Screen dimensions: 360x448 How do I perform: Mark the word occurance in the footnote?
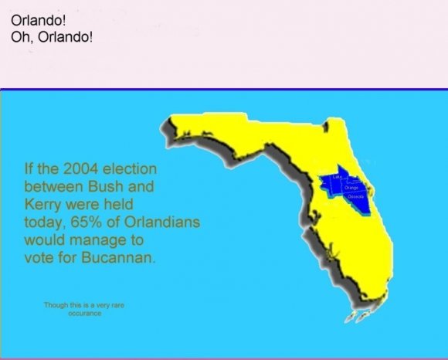tap(85, 313)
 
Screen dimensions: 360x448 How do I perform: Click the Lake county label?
tap(337, 177)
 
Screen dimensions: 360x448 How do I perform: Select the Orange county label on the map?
tap(351, 187)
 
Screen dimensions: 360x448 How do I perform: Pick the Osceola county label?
tap(356, 198)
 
